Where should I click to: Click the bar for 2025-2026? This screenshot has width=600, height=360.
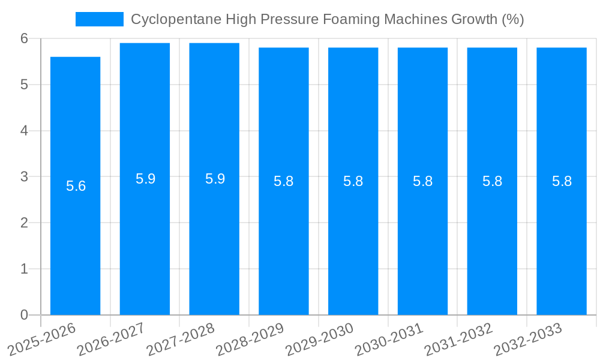pos(75,240)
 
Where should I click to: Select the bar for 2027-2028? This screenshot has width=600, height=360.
pos(214,240)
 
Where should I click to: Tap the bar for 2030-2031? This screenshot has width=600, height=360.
pos(422,240)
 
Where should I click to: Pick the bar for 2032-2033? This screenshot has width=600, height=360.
pos(562,240)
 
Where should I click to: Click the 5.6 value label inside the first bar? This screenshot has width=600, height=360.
pos(76,186)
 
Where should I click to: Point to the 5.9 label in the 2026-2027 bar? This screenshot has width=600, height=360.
pos(145,179)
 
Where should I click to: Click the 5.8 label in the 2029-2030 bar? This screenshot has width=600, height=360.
pos(353,181)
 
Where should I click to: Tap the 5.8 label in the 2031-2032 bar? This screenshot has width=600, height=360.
pos(492,181)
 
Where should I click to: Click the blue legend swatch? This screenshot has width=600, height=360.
pos(99,19)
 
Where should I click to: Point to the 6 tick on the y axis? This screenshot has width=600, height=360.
pos(24,38)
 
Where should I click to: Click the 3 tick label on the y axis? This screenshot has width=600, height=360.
pos(24,176)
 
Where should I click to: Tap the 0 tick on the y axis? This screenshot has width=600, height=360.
pos(24,315)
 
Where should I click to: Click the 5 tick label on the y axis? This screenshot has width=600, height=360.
pos(24,85)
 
